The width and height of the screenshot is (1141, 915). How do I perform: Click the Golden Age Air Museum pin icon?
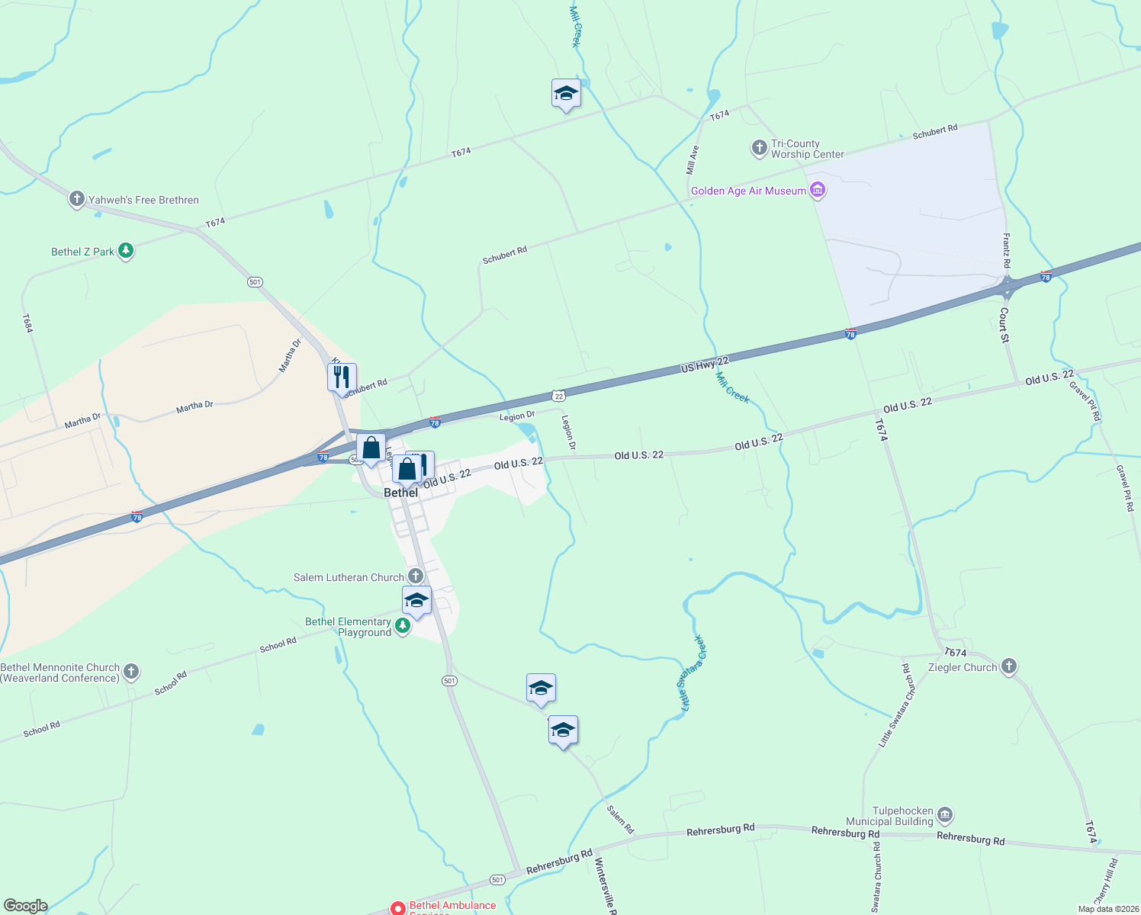pos(818,190)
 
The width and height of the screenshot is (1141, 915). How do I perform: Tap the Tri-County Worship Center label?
pos(807,149)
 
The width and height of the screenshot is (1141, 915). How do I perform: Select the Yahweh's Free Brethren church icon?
pos(76,200)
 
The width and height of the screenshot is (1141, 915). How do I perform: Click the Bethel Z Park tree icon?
pos(126,251)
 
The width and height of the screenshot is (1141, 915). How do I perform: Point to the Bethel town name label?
pos(400,493)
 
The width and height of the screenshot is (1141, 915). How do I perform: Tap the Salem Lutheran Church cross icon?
pos(416,576)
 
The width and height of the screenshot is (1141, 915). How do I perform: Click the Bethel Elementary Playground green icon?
pos(403,627)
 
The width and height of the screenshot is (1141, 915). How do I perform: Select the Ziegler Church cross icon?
pos(1009,667)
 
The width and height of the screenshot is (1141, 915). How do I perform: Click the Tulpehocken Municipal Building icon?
pos(944,816)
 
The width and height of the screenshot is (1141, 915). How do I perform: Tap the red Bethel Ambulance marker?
pos(397,908)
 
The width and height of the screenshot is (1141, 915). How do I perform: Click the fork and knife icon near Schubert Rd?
pos(342,377)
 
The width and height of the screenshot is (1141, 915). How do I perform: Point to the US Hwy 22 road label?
pos(705,364)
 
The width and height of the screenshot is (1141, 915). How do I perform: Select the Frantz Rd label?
pos(1007,250)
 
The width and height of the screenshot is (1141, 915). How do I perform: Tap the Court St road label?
pos(1004,324)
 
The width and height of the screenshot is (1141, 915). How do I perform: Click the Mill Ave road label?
pos(692,159)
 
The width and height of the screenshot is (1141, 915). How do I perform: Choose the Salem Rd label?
pos(620,819)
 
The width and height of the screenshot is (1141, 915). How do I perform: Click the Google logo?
pos(25,906)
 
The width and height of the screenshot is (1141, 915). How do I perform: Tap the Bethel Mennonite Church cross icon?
pos(131,671)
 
